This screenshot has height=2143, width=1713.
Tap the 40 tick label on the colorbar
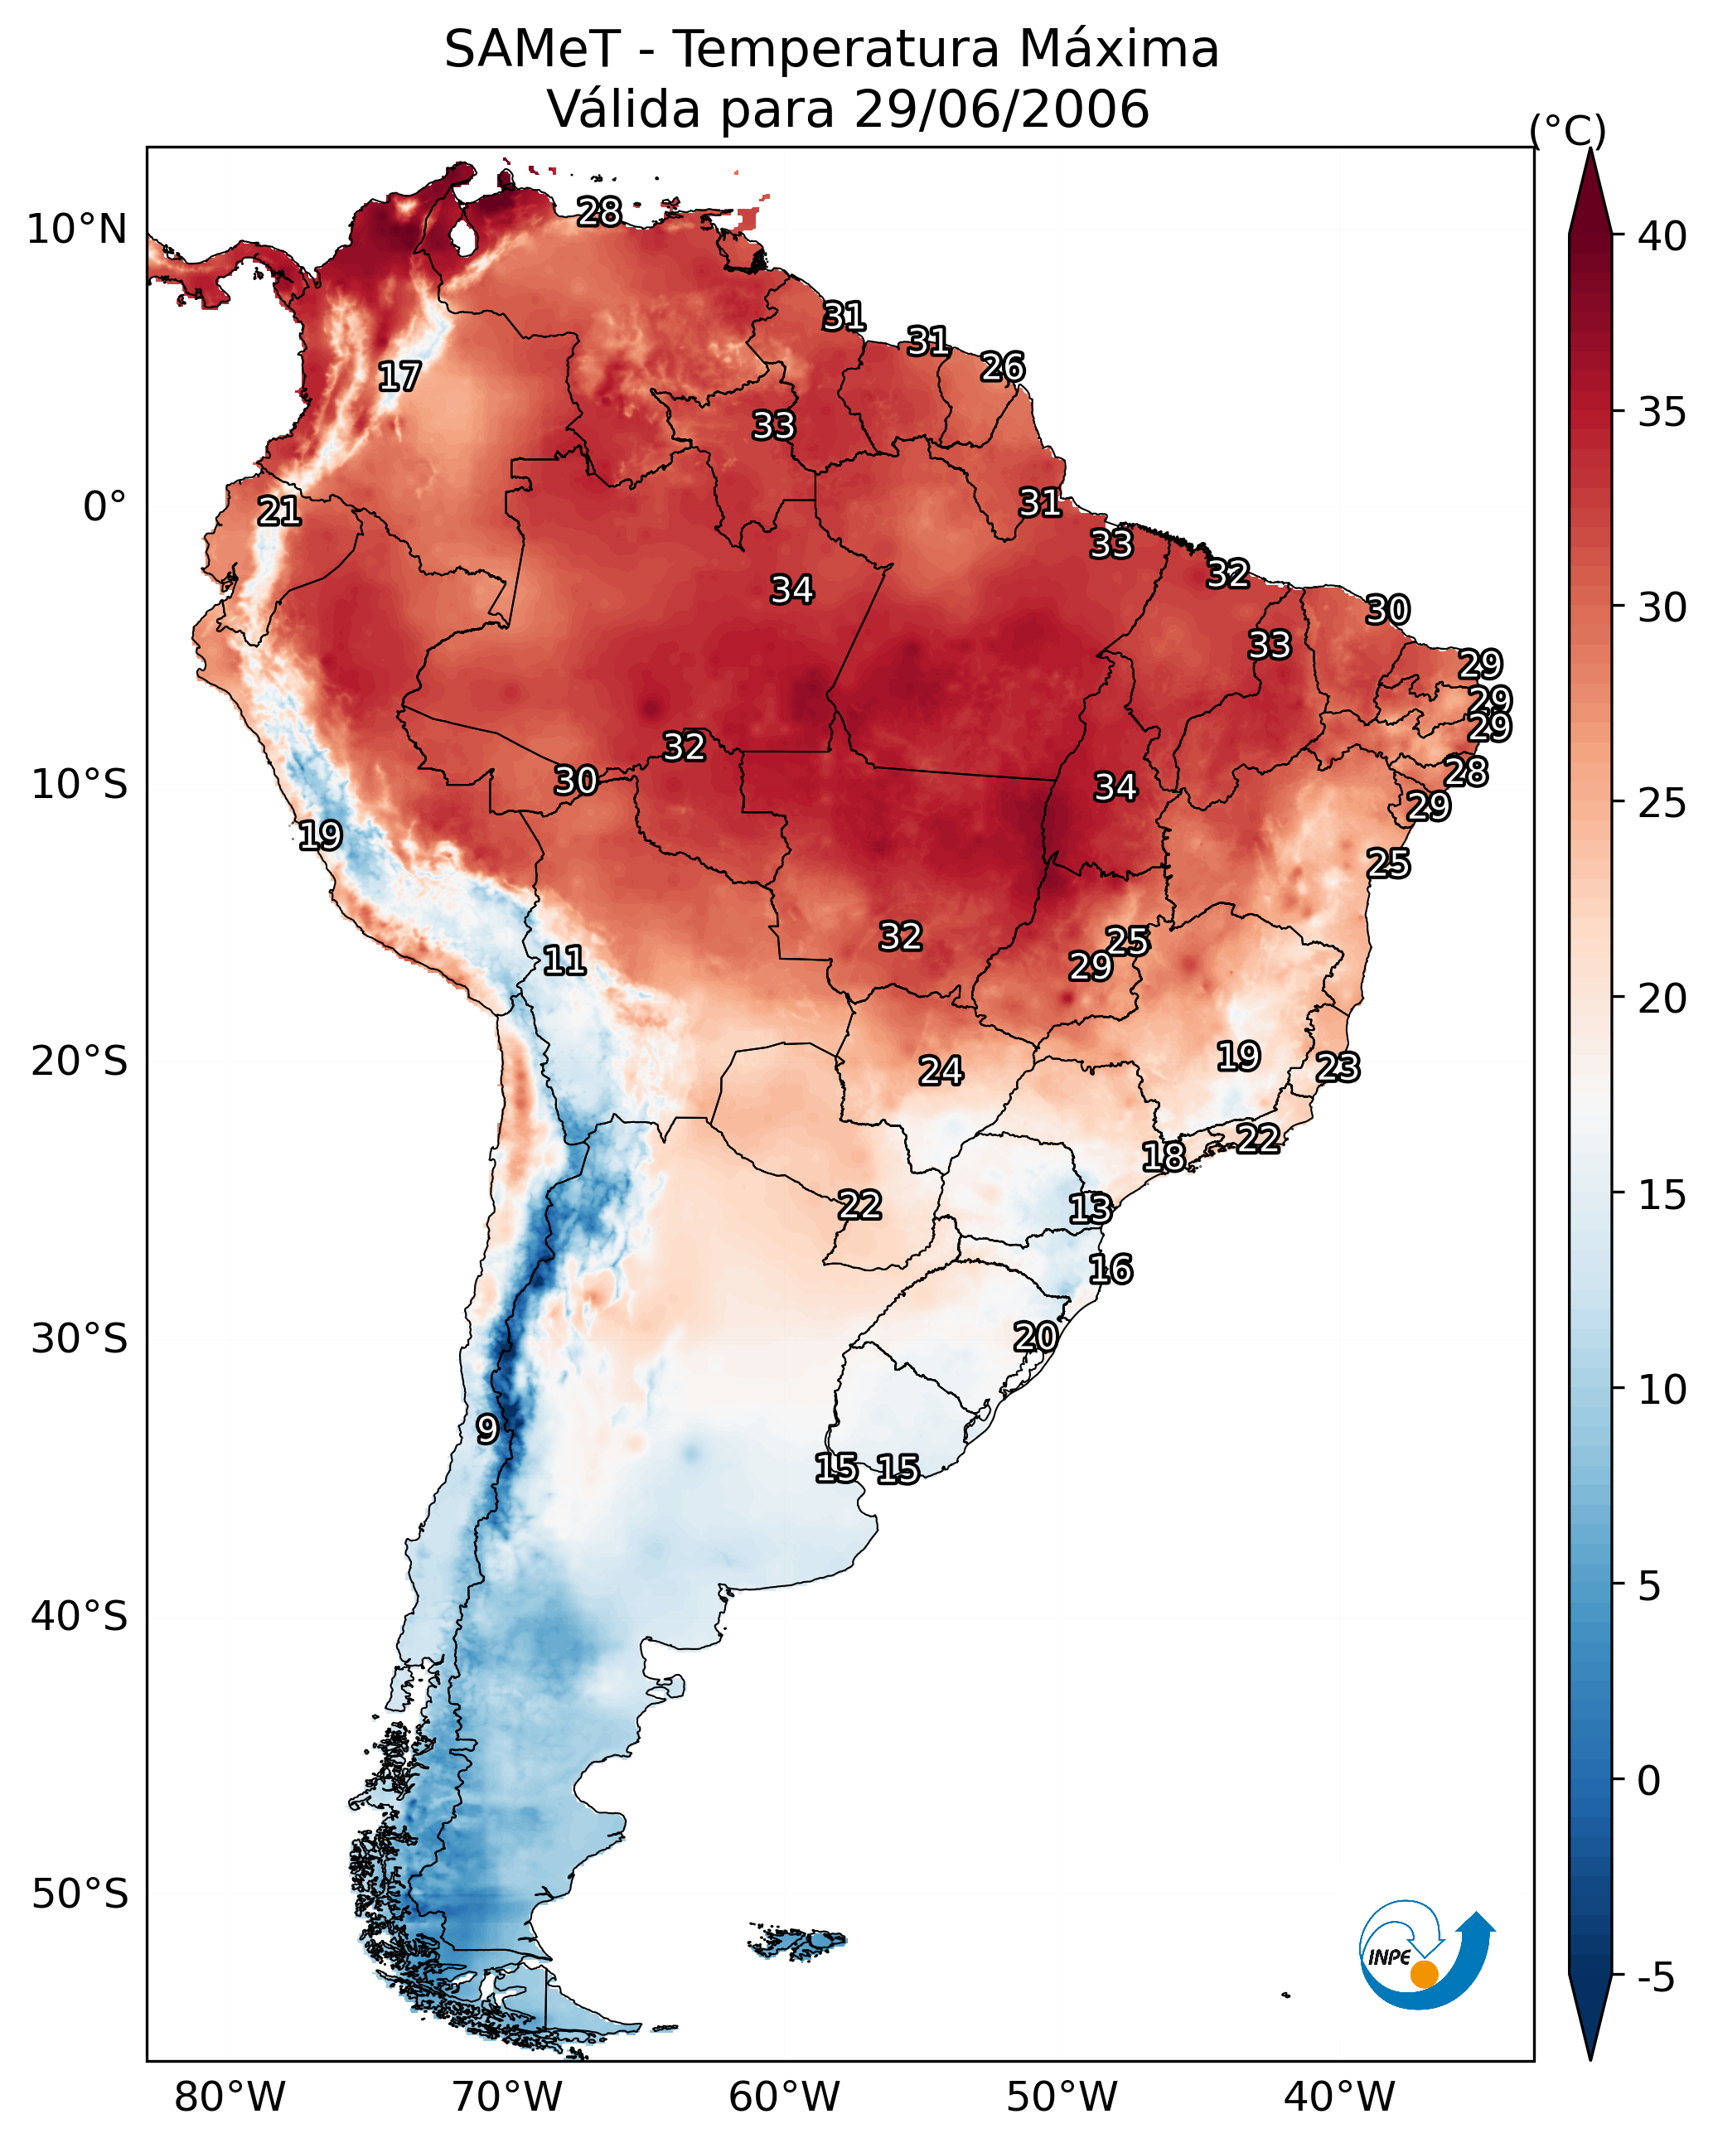pyautogui.click(x=1662, y=236)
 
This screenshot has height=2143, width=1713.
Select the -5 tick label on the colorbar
pyautogui.click(x=1655, y=1978)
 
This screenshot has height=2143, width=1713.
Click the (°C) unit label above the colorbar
pyautogui.click(x=1567, y=130)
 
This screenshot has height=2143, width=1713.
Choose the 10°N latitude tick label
pyautogui.click(x=76, y=230)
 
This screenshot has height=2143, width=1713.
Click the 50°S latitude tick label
pyautogui.click(x=80, y=1894)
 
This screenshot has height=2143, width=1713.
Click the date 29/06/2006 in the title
pyautogui.click(x=1000, y=109)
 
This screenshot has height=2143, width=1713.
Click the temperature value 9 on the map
pyautogui.click(x=486, y=1429)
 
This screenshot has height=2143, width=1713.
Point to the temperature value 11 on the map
pyautogui.click(x=564, y=960)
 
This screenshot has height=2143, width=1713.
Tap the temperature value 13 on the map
pyautogui.click(x=1090, y=1209)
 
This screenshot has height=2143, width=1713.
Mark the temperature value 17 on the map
pyautogui.click(x=399, y=377)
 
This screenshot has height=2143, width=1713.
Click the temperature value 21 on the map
pyautogui.click(x=278, y=512)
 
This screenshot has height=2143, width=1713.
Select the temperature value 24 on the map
pyautogui.click(x=940, y=1071)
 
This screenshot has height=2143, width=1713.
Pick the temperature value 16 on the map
pyautogui.click(x=1110, y=1270)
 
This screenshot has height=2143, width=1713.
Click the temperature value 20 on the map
pyautogui.click(x=1035, y=1337)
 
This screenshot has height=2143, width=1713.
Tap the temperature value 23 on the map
pyautogui.click(x=1338, y=1067)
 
